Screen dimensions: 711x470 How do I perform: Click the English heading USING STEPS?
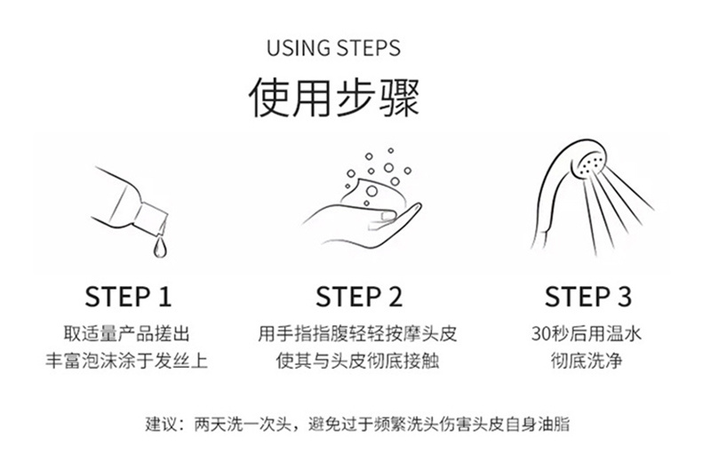pos(334,48)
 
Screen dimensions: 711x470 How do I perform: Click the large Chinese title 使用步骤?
pos(334,97)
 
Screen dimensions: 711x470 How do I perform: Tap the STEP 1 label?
pos(128,297)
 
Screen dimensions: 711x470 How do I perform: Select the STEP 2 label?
pos(359,297)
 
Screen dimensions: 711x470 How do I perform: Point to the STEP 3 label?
pos(588,297)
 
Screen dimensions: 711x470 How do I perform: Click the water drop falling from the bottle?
pos(160,248)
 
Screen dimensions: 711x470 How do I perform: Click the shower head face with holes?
pos(592,164)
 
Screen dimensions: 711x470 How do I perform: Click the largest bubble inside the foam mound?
pos(371,190)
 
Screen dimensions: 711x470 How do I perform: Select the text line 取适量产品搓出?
pos(126,334)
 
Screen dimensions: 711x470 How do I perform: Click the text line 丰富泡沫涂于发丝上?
pos(126,362)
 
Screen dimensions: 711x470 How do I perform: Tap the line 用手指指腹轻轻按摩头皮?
pos(357,334)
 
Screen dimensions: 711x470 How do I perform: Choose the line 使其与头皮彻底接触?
pos(357,362)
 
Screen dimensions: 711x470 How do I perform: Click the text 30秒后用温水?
pos(587,334)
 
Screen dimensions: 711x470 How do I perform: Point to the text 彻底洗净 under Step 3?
pos(587,362)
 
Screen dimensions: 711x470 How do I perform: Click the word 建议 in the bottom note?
pos(162,424)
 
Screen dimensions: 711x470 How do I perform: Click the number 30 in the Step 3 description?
pos(541,334)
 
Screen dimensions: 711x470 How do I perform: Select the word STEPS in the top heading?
pos(369,48)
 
